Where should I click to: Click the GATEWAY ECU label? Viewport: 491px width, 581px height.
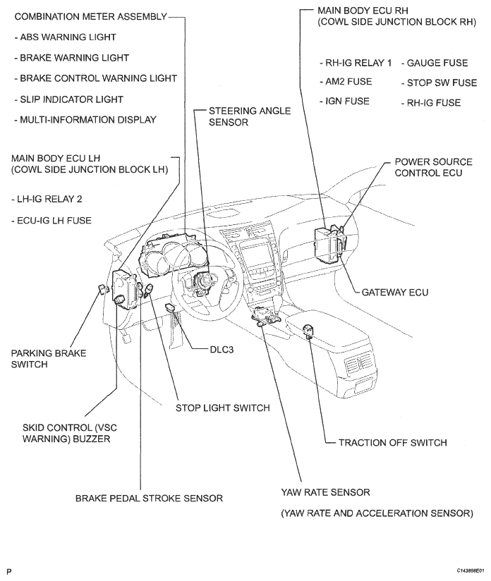(x=394, y=290)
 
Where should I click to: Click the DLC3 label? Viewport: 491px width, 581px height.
(x=226, y=349)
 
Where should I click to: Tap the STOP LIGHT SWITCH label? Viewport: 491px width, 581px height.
(x=222, y=408)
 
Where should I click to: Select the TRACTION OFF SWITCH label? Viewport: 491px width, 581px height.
(x=392, y=443)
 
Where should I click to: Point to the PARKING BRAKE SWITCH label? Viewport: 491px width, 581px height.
(x=49, y=358)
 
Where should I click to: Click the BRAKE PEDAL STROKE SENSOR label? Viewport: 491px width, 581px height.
(x=149, y=498)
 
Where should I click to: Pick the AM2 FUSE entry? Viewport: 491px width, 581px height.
(x=345, y=82)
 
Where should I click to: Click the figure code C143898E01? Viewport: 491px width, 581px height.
(x=465, y=569)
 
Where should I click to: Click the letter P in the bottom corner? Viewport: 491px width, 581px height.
(x=9, y=568)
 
